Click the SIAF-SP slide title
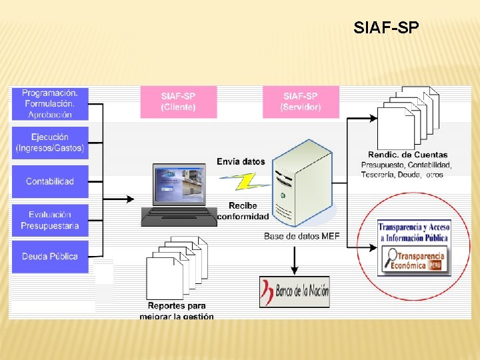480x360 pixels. pyautogui.click(x=387, y=28)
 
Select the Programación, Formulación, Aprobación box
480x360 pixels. pyautogui.click(x=50, y=103)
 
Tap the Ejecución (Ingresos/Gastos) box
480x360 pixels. pyautogui.click(x=50, y=143)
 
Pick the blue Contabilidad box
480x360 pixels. pyautogui.click(x=50, y=181)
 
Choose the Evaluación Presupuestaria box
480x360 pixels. pyautogui.click(x=50, y=220)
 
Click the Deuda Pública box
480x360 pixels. pyautogui.click(x=50, y=256)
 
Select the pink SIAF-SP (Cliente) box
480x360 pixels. pyautogui.click(x=178, y=101)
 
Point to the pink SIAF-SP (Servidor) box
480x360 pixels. pyautogui.click(x=301, y=101)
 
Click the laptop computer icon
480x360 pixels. pyautogui.click(x=179, y=195)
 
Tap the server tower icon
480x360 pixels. pyautogui.click(x=303, y=183)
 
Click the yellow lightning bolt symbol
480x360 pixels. pyautogui.click(x=243, y=181)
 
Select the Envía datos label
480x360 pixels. pyautogui.click(x=241, y=161)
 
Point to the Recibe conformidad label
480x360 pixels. pyautogui.click(x=243, y=211)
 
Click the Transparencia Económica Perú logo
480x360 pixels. pyautogui.click(x=414, y=260)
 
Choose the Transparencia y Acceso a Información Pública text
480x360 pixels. pyautogui.click(x=414, y=231)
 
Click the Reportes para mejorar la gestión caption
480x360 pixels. pyautogui.click(x=177, y=311)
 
